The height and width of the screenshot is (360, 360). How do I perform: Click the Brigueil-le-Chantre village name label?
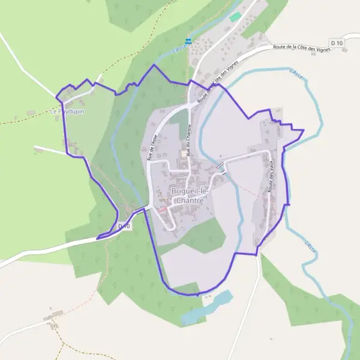tap(188, 196)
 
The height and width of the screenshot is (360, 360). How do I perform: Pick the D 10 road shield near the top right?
tap(337, 43)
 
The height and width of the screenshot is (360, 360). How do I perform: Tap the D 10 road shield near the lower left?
tap(124, 226)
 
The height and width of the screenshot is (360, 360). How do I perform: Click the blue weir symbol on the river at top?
tap(188, 41)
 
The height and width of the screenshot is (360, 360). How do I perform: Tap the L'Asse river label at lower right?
tap(310, 246)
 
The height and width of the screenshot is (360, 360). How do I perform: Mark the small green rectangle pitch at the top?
tap(235, 17)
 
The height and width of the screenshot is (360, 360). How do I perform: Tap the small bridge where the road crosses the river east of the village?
tap(221, 166)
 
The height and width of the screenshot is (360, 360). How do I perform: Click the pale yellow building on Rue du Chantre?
tap(184, 154)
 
